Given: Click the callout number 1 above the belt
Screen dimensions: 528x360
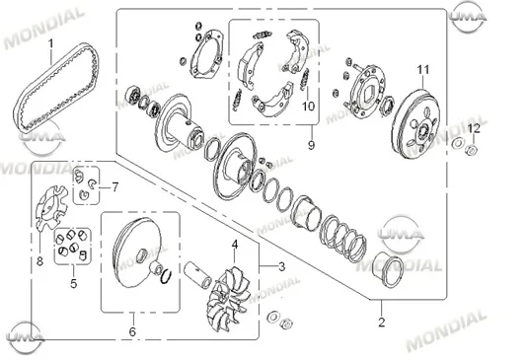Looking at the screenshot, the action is tap(51, 43).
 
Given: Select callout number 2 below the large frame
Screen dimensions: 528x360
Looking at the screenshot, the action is tap(381, 322).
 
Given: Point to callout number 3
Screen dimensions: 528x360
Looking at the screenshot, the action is tap(282, 267).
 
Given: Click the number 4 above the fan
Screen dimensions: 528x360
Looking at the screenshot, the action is tap(235, 245).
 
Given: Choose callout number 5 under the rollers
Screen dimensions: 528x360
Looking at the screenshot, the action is tap(73, 283).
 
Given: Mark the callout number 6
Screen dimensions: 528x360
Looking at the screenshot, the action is tap(132, 331).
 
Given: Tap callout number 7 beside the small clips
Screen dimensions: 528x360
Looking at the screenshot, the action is tap(115, 186).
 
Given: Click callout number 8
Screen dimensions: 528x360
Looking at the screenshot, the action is tap(39, 260).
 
